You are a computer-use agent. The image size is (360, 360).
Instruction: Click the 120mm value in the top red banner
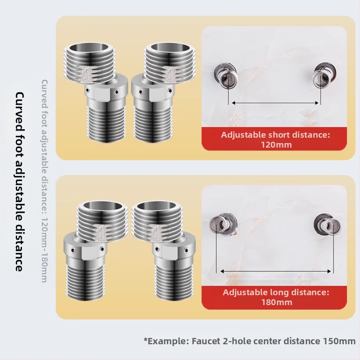tap(276, 145)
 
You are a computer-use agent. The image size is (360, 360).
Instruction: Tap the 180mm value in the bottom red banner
tap(277, 302)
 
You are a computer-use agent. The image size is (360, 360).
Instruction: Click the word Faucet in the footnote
tap(206, 341)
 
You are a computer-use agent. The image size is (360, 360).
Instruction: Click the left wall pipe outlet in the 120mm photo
tap(225, 76)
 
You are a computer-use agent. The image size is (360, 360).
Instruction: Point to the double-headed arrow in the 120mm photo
tap(275, 103)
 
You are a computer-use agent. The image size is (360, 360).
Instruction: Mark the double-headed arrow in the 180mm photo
tap(275, 271)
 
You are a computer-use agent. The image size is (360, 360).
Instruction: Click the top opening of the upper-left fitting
tap(89, 48)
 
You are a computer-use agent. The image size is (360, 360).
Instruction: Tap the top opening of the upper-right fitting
tap(170, 47)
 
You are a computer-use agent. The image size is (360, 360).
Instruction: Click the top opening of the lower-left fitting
tap(103, 205)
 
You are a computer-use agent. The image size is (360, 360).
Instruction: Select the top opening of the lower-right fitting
tap(157, 205)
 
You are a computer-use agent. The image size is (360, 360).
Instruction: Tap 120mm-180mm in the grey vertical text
tap(44, 250)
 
